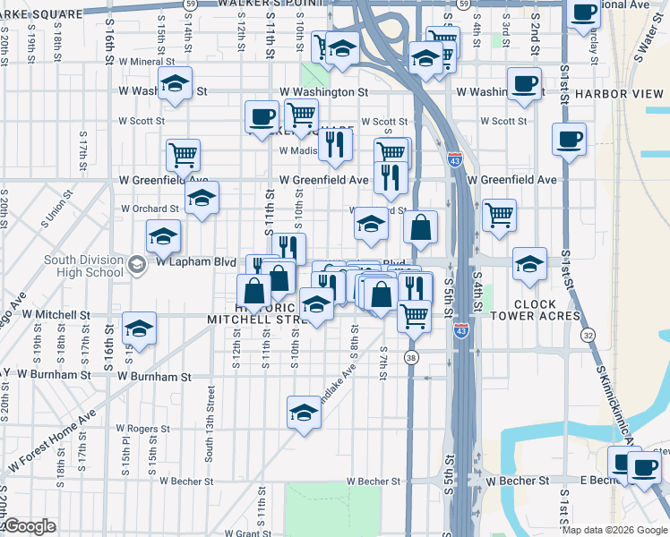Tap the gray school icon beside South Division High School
point(136,264)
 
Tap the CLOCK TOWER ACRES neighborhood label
point(536,311)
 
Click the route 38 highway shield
point(411,358)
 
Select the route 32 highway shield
point(588,335)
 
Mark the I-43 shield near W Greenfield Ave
point(455,160)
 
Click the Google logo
point(30,526)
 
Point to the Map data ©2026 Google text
point(615,530)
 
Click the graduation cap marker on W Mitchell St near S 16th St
point(139,330)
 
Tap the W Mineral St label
point(146,63)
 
